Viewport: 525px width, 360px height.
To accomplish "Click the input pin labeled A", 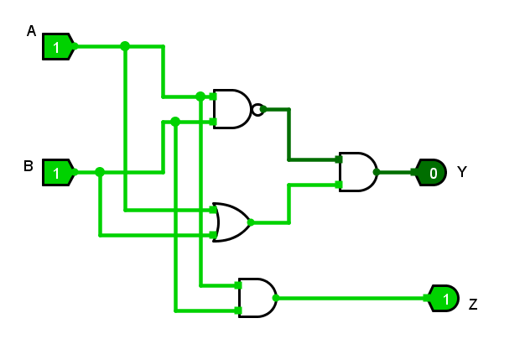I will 58,47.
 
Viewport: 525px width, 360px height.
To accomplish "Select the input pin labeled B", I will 58,173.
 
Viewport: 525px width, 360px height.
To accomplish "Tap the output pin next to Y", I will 431,173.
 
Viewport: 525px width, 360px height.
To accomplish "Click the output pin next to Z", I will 444,298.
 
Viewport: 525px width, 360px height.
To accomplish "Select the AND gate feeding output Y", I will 357,172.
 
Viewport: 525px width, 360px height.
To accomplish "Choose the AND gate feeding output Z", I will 257,298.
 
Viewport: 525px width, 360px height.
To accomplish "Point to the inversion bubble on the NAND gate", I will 257,109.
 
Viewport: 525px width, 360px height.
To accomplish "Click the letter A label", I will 31,31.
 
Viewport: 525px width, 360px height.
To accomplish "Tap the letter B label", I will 28,166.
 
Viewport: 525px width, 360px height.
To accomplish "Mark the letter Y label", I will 462,173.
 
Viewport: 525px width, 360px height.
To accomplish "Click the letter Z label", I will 473,304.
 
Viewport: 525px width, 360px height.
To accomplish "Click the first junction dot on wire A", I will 125,46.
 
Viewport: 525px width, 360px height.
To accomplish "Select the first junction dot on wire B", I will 100,172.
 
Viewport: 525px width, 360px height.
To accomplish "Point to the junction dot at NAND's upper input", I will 200,97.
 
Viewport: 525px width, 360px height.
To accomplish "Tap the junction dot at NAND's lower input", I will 175,122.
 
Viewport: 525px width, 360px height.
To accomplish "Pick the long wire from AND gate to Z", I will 352,298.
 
